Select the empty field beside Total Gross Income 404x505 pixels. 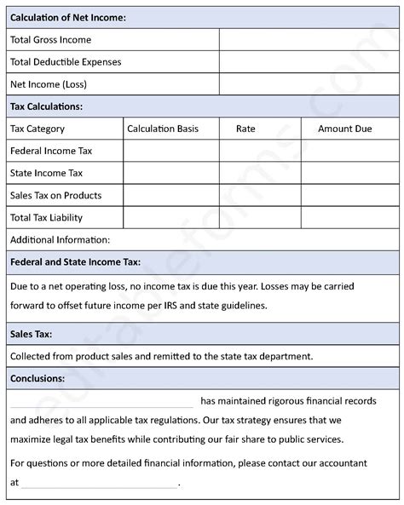tap(308, 39)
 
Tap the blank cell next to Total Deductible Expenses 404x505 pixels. tap(308, 62)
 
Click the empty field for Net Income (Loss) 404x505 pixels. tap(308, 84)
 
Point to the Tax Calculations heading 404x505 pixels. tap(46, 106)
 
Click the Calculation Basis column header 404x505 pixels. tap(163, 129)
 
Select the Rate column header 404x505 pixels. tap(245, 129)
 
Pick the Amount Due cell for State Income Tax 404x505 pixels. tap(349, 173)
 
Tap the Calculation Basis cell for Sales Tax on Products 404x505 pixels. tap(170, 195)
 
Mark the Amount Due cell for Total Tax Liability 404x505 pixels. tap(349, 218)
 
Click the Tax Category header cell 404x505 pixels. tap(38, 129)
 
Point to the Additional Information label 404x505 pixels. tap(60, 240)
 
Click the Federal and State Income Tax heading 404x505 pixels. tap(75, 262)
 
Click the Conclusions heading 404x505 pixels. tap(38, 377)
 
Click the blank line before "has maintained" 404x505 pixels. tap(102, 400)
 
